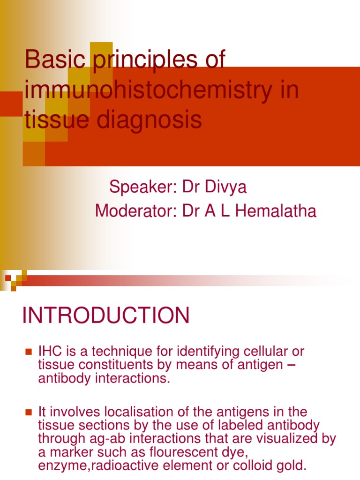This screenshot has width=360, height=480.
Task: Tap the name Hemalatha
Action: (276, 211)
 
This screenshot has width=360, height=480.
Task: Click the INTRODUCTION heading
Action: (106, 315)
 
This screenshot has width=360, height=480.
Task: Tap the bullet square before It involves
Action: (28, 412)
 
